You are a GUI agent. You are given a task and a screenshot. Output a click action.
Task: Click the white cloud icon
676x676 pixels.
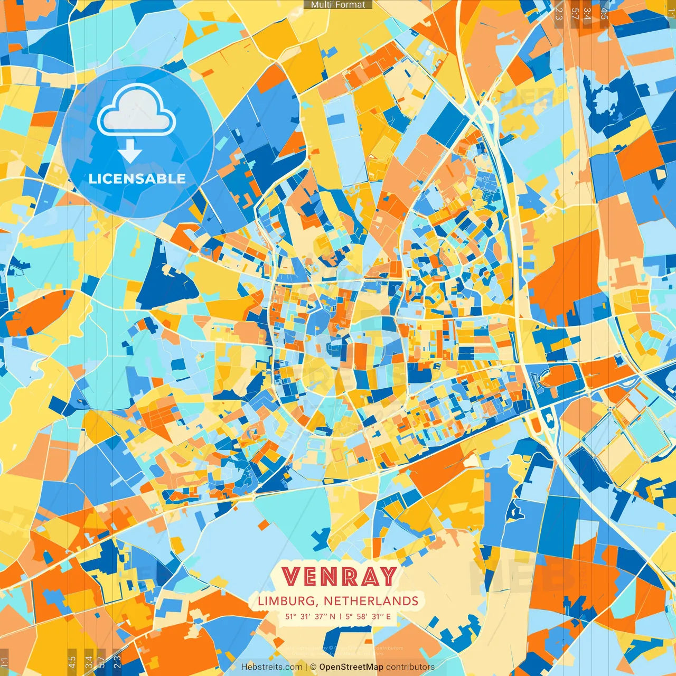click(x=136, y=110)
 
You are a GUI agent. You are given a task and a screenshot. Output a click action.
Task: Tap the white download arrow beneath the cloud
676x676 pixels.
click(x=130, y=152)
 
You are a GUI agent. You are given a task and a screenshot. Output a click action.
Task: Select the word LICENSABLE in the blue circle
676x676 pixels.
click(x=137, y=179)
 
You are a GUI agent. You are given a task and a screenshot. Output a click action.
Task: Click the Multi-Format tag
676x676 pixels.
click(x=338, y=5)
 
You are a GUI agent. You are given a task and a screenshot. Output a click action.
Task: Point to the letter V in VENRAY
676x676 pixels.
click(x=292, y=576)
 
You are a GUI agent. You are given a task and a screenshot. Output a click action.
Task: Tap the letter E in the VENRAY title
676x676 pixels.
click(x=314, y=576)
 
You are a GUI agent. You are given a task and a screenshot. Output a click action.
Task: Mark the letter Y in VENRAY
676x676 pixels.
click(x=389, y=576)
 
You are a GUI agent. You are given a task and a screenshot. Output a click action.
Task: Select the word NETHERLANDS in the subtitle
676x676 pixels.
click(x=371, y=601)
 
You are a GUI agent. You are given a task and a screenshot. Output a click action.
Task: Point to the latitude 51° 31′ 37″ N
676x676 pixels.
click(x=311, y=616)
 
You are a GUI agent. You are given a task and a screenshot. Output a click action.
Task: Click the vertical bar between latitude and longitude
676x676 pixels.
click(x=341, y=616)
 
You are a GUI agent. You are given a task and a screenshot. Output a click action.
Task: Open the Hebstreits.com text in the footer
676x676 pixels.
click(x=271, y=667)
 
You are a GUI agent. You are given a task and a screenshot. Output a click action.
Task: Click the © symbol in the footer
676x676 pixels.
click(x=313, y=667)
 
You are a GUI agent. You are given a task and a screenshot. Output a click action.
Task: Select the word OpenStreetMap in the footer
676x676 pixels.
click(x=351, y=667)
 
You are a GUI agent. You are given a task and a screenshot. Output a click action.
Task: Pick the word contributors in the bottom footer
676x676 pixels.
click(x=410, y=667)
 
